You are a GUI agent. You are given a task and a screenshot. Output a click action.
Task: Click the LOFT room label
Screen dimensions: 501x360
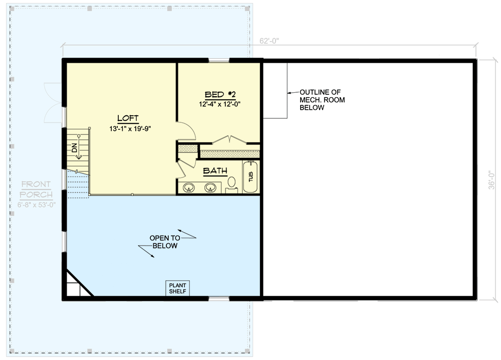[x=128, y=118]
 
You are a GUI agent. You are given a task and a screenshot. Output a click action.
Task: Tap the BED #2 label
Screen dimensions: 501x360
[x=220, y=94]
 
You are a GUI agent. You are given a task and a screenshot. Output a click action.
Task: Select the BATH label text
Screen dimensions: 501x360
[x=215, y=171]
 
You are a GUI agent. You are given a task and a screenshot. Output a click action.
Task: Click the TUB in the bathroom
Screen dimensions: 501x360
[x=250, y=177]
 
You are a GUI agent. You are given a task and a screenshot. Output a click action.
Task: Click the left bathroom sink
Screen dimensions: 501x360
[x=188, y=187]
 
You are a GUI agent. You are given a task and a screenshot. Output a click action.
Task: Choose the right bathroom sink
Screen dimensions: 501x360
[x=210, y=187]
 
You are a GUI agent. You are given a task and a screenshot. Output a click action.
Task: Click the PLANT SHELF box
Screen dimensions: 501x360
[x=177, y=288]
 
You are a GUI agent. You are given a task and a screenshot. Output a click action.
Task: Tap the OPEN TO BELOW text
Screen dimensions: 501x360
[x=165, y=242]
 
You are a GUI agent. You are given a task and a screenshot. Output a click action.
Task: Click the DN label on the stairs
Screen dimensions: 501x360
[x=75, y=147]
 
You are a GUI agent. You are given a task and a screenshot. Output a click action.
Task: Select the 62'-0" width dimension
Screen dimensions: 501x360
[x=269, y=41]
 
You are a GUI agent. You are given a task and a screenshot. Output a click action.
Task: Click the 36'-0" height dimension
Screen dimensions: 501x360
[x=491, y=179]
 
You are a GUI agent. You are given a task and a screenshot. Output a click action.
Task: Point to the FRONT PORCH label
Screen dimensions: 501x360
[x=36, y=189]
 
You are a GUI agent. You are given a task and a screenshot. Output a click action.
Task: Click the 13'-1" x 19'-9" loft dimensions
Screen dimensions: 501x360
[x=130, y=129]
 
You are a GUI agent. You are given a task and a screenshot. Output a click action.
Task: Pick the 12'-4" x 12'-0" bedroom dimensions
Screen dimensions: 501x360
[x=220, y=104]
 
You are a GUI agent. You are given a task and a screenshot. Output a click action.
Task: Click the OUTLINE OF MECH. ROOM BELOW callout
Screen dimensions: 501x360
[x=322, y=100]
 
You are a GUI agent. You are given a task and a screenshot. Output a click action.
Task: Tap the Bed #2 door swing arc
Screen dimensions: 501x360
[x=191, y=128]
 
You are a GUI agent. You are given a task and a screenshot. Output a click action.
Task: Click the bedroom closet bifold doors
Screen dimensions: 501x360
[x=229, y=139]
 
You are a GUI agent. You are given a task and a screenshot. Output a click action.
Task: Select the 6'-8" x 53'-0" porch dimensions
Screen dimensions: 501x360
[x=37, y=205]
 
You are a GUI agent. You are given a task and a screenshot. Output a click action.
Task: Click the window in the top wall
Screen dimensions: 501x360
[x=219, y=60]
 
